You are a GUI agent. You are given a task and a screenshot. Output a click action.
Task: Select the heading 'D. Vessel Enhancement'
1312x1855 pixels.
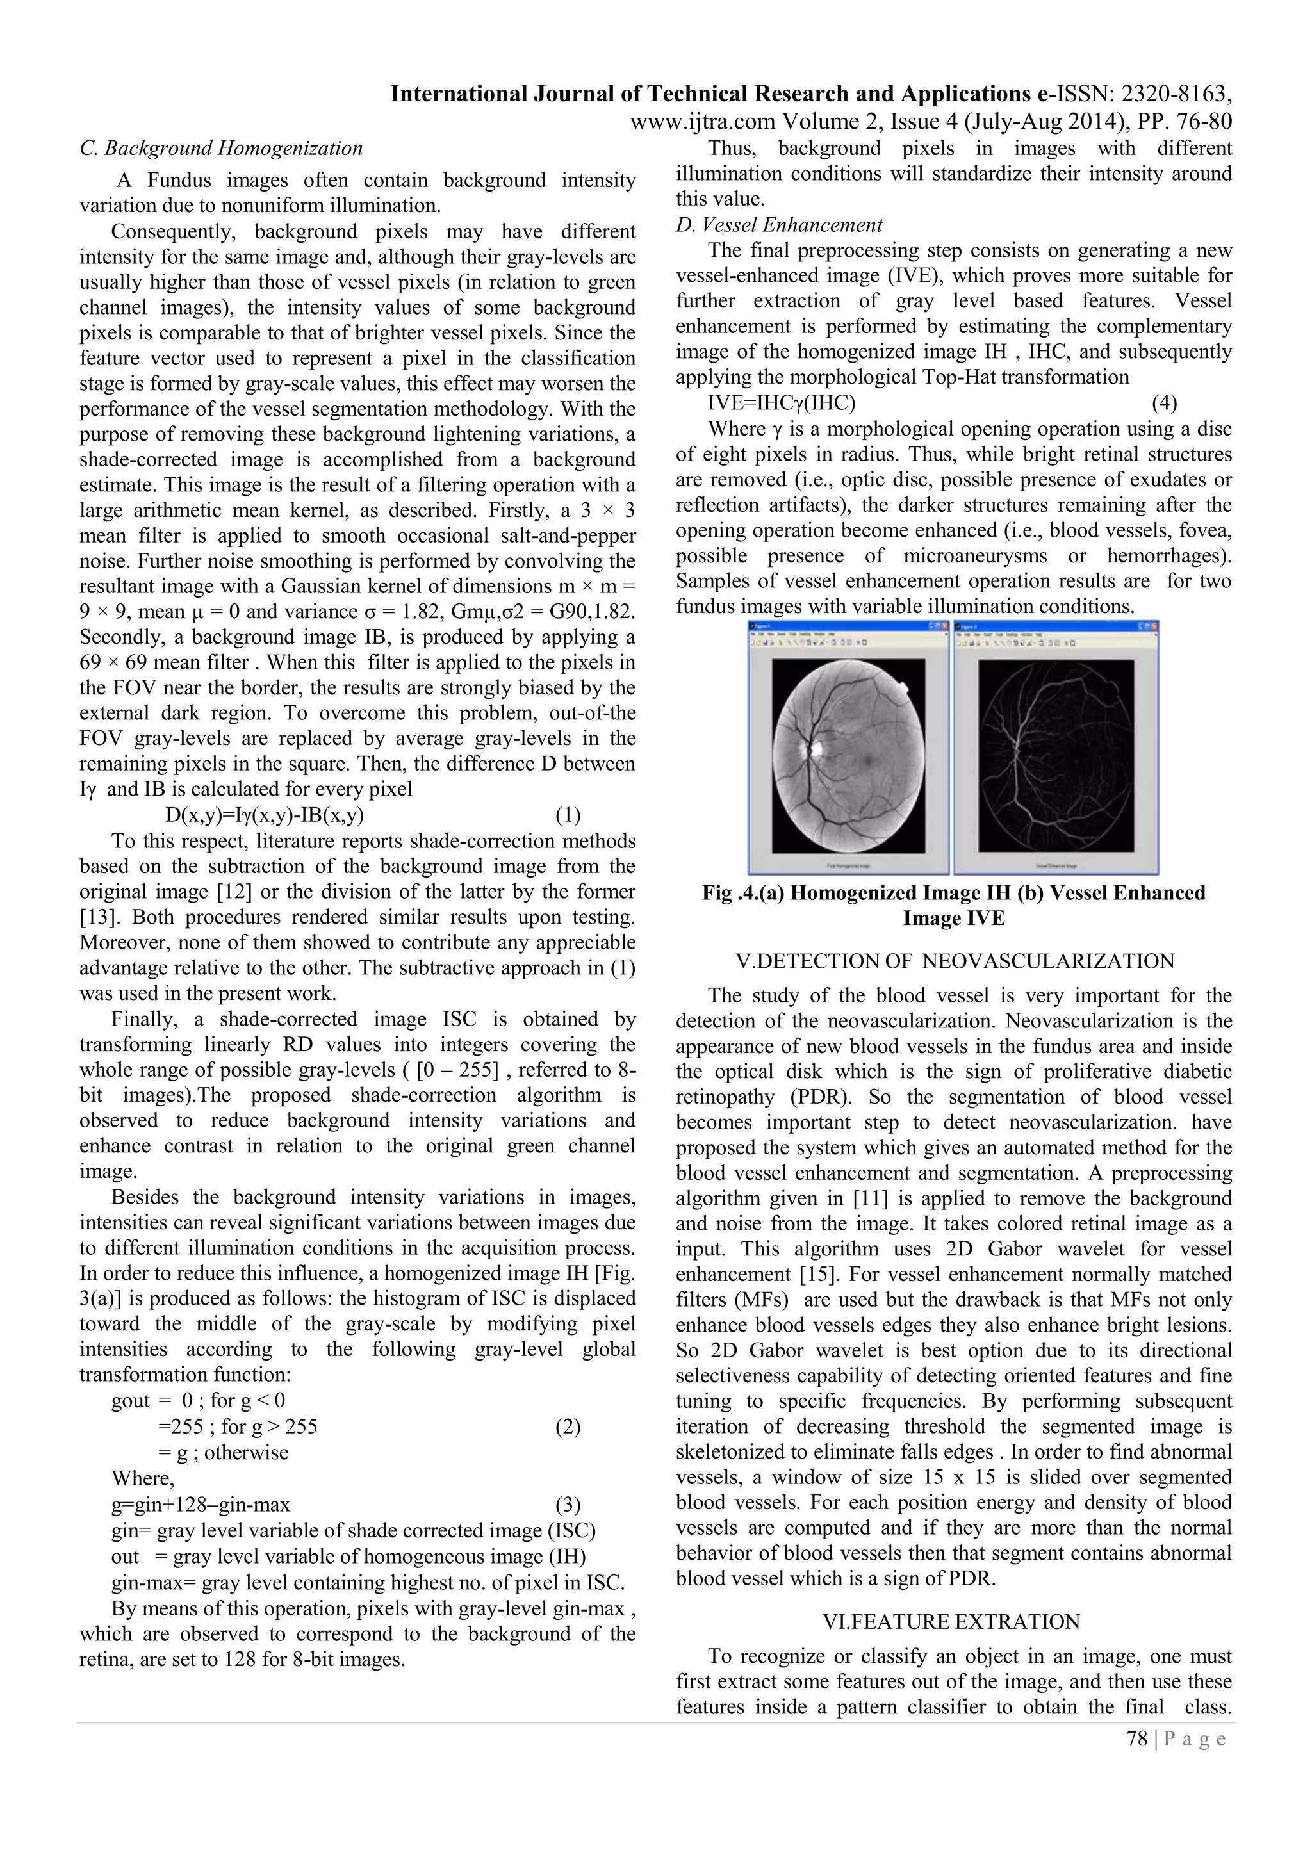[x=779, y=225]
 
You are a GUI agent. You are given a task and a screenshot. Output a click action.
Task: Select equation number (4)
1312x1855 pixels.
[x=1163, y=402]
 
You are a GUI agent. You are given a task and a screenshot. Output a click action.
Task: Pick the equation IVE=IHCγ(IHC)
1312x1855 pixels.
[x=781, y=402]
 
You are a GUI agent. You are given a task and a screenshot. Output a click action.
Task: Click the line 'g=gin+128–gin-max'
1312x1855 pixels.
[x=201, y=1505]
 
